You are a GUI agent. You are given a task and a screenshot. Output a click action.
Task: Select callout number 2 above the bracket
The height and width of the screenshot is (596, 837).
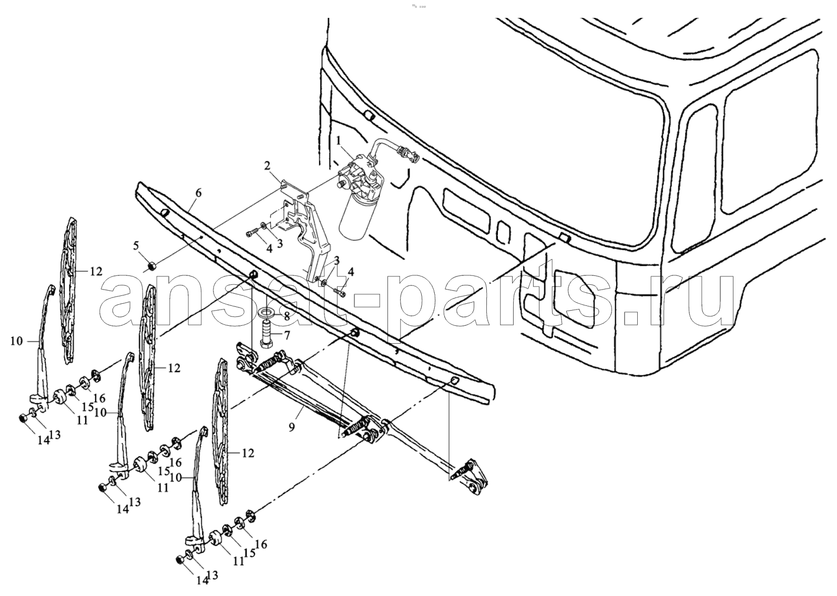(x=267, y=166)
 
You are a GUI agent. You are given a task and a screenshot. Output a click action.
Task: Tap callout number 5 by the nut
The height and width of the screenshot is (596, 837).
(x=136, y=246)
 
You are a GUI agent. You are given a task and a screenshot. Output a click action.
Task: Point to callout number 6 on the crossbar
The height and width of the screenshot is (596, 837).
(x=198, y=193)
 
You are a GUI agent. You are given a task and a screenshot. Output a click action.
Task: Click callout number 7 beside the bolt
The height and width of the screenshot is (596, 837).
(x=287, y=335)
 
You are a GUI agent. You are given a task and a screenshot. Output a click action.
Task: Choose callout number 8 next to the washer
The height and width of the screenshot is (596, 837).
(x=287, y=317)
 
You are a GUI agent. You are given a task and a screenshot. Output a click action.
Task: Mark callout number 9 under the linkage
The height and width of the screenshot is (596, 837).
(x=291, y=426)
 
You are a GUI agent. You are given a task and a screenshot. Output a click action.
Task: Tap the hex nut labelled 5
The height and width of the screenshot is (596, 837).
(x=152, y=266)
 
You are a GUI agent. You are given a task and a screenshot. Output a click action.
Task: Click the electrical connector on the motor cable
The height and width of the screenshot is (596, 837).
(x=408, y=154)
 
